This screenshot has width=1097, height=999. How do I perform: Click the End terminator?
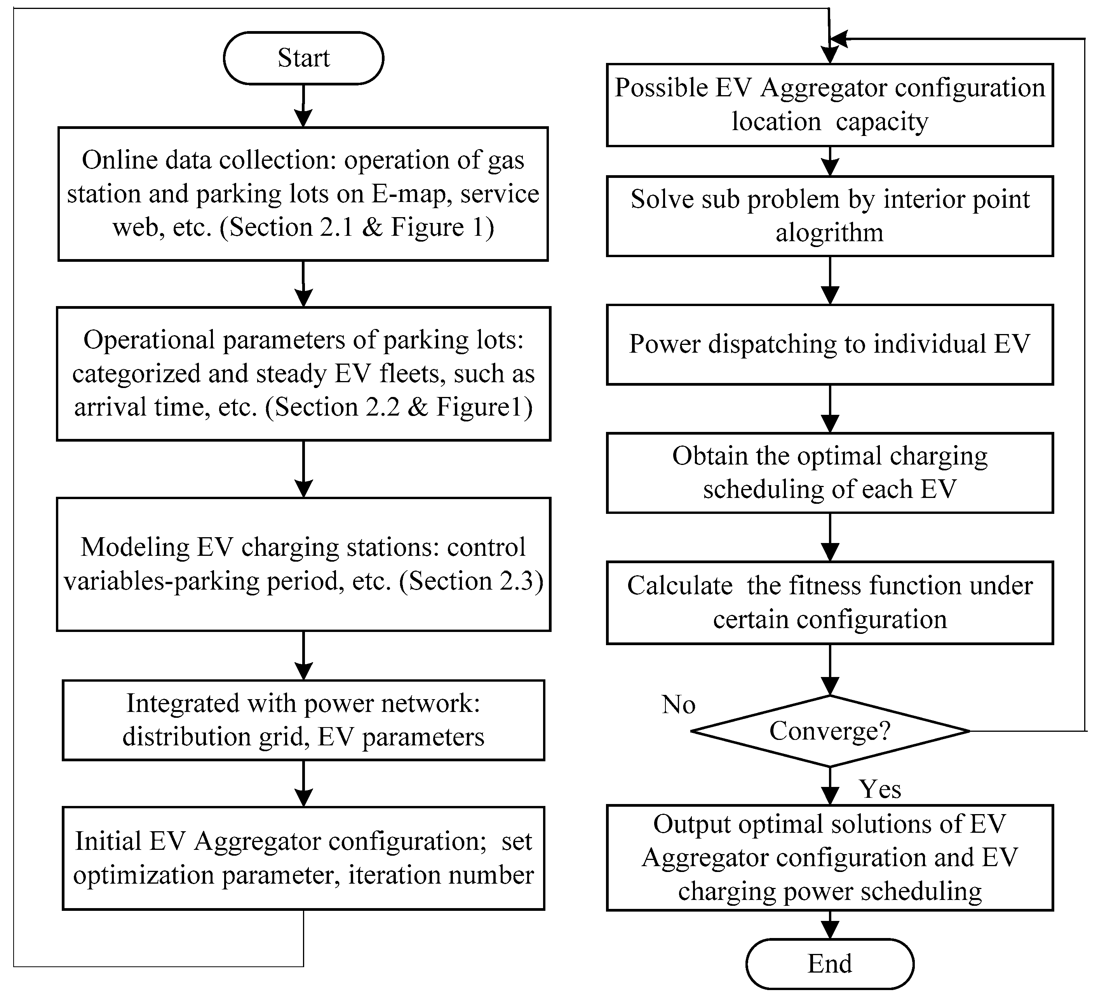pyautogui.click(x=829, y=964)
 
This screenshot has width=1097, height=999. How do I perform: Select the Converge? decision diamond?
pyautogui.click(x=829, y=731)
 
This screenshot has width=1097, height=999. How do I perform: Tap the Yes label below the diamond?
pyautogui.click(x=879, y=789)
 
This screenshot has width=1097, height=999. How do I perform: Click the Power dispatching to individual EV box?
pyautogui.click(x=829, y=345)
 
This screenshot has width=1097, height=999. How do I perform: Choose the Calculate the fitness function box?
pyautogui.click(x=829, y=603)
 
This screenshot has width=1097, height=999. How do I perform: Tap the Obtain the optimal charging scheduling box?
pyautogui.click(x=829, y=473)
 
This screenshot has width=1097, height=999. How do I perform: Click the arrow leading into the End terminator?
pyautogui.click(x=829, y=928)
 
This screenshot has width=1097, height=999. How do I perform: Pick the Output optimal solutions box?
pyautogui.click(x=829, y=858)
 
